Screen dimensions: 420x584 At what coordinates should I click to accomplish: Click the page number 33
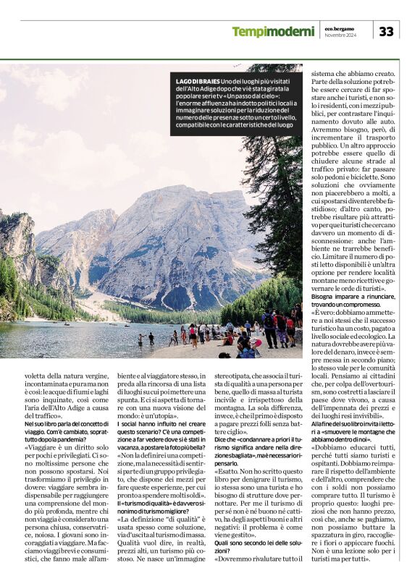386,32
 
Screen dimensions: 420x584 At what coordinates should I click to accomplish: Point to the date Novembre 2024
341,35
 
